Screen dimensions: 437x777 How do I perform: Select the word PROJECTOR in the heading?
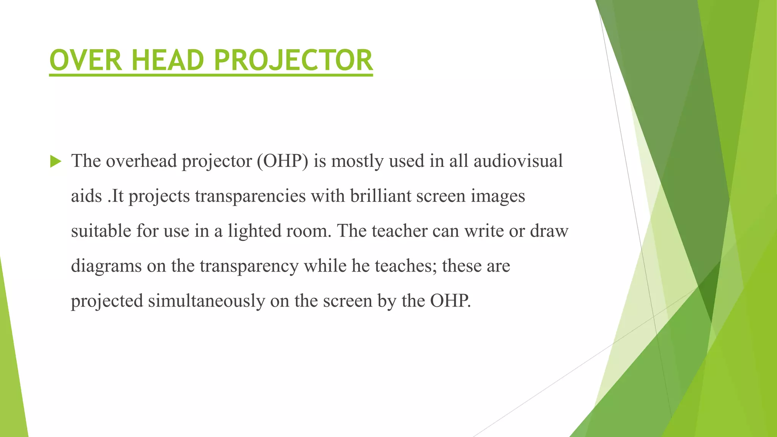293,61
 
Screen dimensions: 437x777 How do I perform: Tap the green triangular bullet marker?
55,162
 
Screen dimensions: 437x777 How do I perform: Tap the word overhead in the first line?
141,161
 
